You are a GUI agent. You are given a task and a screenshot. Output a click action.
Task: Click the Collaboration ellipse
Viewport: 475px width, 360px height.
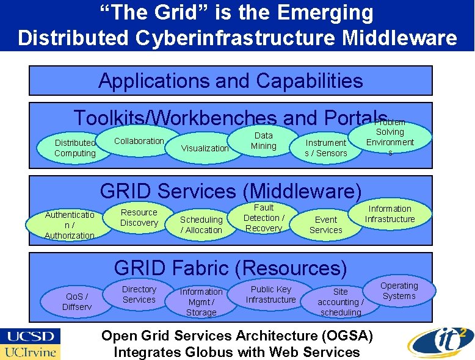tap(139, 141)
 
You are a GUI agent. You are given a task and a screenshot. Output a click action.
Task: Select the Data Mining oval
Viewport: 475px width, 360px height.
tap(264, 141)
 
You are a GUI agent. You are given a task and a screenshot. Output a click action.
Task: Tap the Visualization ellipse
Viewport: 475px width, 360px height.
tap(205, 148)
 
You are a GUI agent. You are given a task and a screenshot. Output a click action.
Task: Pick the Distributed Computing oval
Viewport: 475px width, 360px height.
tap(75, 148)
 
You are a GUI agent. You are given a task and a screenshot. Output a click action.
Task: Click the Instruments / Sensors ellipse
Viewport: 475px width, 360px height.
tap(325, 148)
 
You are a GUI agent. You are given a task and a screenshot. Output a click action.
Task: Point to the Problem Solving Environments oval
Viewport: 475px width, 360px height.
tap(390, 138)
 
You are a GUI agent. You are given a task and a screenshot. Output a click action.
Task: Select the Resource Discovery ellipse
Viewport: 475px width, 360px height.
tap(139, 218)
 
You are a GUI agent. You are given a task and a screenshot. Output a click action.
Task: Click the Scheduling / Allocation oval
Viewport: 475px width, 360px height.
tap(201, 225)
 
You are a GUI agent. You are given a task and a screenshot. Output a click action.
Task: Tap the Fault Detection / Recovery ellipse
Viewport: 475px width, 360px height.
tap(264, 218)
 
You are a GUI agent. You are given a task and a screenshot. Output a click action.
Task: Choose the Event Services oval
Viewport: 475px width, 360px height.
tap(325, 225)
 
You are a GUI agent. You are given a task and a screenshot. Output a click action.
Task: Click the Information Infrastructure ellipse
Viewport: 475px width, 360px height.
tap(390, 214)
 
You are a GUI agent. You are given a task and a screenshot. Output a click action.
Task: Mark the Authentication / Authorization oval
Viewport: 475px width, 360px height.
tap(70, 225)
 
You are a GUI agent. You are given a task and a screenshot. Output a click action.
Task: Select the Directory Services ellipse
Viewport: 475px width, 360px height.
tap(139, 294)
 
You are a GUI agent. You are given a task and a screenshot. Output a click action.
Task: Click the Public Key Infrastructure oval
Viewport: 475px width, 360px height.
tap(270, 294)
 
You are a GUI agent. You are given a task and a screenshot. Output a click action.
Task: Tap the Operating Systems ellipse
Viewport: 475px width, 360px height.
tap(399, 291)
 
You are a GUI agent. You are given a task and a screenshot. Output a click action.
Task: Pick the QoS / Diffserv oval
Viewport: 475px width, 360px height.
tap(77, 301)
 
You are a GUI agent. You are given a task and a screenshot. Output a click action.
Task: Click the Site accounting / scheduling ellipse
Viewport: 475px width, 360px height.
tap(340, 301)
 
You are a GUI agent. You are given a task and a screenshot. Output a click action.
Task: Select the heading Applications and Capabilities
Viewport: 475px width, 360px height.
tap(231, 81)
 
